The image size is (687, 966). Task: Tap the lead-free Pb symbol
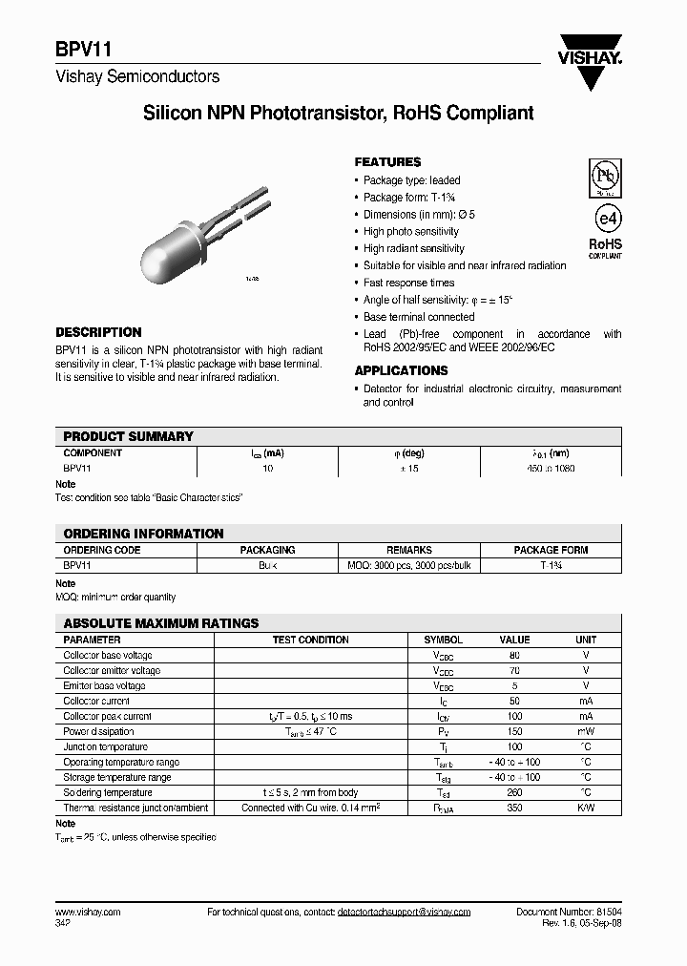(x=603, y=176)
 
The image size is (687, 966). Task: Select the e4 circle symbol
(x=604, y=217)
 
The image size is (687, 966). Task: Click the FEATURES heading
(x=387, y=162)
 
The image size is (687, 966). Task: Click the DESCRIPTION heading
(x=98, y=332)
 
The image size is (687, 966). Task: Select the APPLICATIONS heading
(x=401, y=370)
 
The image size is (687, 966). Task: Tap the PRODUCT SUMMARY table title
(x=128, y=436)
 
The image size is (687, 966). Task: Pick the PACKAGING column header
(x=267, y=550)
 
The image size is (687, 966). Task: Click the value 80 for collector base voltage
(x=514, y=656)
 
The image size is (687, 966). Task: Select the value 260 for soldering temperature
(x=514, y=793)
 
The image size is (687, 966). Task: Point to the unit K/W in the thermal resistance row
(x=585, y=808)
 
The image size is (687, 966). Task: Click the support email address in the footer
(x=404, y=913)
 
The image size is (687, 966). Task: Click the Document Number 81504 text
(x=569, y=913)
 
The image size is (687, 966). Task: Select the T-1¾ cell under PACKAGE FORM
(x=551, y=565)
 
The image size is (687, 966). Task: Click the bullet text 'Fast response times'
(x=408, y=283)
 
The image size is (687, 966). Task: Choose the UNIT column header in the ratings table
(x=585, y=640)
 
